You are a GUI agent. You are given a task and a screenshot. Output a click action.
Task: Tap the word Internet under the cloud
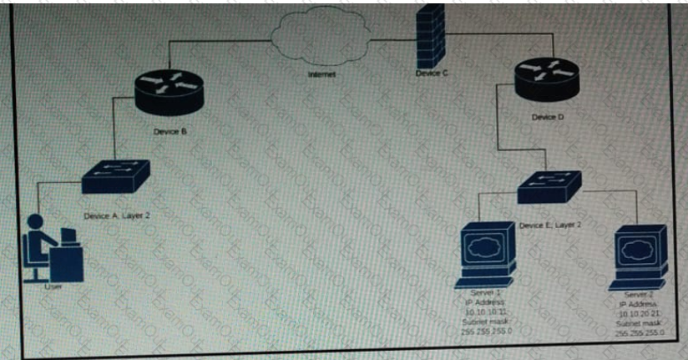(x=322, y=76)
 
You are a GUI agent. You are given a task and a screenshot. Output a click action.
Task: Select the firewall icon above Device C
(x=431, y=38)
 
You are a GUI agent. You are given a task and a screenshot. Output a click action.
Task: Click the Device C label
(x=432, y=74)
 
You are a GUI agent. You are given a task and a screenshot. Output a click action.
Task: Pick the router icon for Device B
(x=169, y=89)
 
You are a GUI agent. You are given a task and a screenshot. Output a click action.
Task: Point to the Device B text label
(x=170, y=132)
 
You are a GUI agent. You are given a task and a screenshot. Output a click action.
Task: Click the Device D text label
(x=548, y=117)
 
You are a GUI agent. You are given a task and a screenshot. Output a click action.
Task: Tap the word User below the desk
(x=53, y=288)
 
